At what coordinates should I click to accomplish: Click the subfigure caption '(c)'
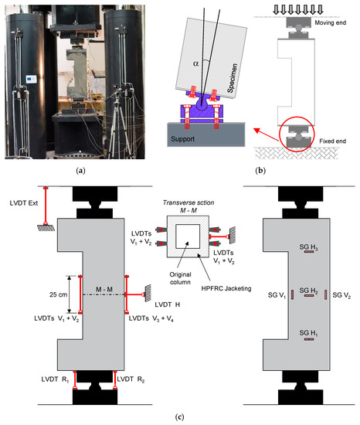tap(179, 418)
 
